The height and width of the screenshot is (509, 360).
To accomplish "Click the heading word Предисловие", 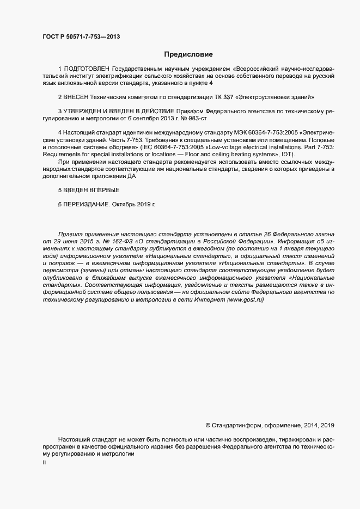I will [x=188, y=54].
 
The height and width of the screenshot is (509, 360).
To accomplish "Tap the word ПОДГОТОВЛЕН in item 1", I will [x=87, y=70].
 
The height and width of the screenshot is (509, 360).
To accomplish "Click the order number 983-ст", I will [x=195, y=118].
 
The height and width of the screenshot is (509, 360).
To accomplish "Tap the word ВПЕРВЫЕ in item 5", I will [x=101, y=190].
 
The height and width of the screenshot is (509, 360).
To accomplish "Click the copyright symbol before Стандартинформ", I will [x=208, y=425].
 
